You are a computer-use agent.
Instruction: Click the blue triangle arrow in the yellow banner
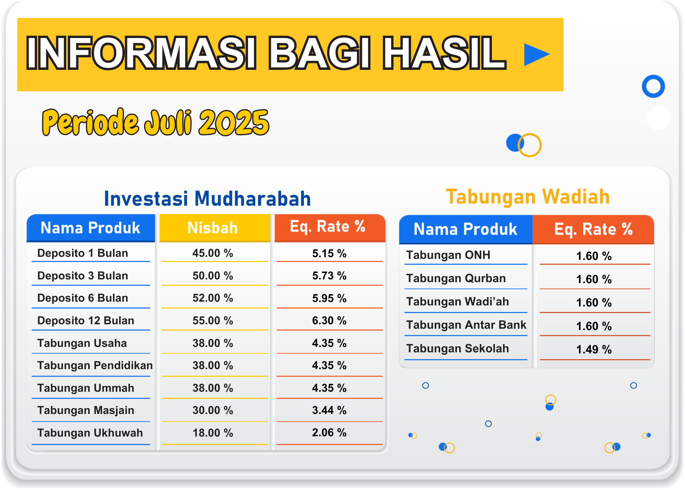535,54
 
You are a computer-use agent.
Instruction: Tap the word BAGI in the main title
319,53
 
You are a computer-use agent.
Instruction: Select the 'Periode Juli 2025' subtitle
156,122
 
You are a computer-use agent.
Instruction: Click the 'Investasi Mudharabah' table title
207,198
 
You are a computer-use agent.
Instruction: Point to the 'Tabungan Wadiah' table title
528,197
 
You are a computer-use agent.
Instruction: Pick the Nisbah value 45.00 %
213,253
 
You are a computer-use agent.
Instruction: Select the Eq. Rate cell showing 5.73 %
329,276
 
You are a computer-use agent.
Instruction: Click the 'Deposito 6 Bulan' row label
83,298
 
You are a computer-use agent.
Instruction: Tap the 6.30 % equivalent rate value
329,321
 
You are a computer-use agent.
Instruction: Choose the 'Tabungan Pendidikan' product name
95,365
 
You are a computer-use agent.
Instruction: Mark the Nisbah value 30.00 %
213,410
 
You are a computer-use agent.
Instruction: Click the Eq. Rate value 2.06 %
329,432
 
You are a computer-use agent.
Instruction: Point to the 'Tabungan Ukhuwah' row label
90,433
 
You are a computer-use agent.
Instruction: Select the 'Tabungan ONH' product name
448,255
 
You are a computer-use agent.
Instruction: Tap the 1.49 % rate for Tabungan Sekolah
594,349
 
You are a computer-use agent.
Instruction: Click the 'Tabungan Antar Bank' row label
466,325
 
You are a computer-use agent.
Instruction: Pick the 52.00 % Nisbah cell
213,298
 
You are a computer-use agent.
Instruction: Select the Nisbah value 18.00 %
213,433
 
